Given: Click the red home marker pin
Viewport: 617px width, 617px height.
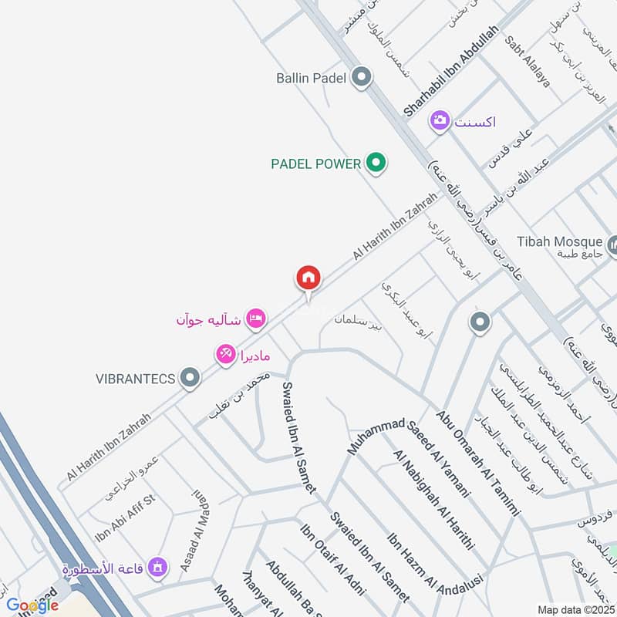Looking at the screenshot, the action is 308,278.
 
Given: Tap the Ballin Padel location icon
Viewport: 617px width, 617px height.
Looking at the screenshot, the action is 361,77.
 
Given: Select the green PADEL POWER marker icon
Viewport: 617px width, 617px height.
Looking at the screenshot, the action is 376,163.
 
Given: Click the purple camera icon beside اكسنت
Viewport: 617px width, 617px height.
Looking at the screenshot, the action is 440,120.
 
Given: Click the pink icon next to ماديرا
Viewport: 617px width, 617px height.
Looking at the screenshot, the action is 225,354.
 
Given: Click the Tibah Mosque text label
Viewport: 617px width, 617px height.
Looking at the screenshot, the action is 559,241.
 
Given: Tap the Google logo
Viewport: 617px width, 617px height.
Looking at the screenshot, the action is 32,605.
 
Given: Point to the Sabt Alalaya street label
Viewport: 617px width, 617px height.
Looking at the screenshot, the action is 528,61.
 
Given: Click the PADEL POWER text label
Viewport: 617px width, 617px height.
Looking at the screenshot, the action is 316,164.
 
